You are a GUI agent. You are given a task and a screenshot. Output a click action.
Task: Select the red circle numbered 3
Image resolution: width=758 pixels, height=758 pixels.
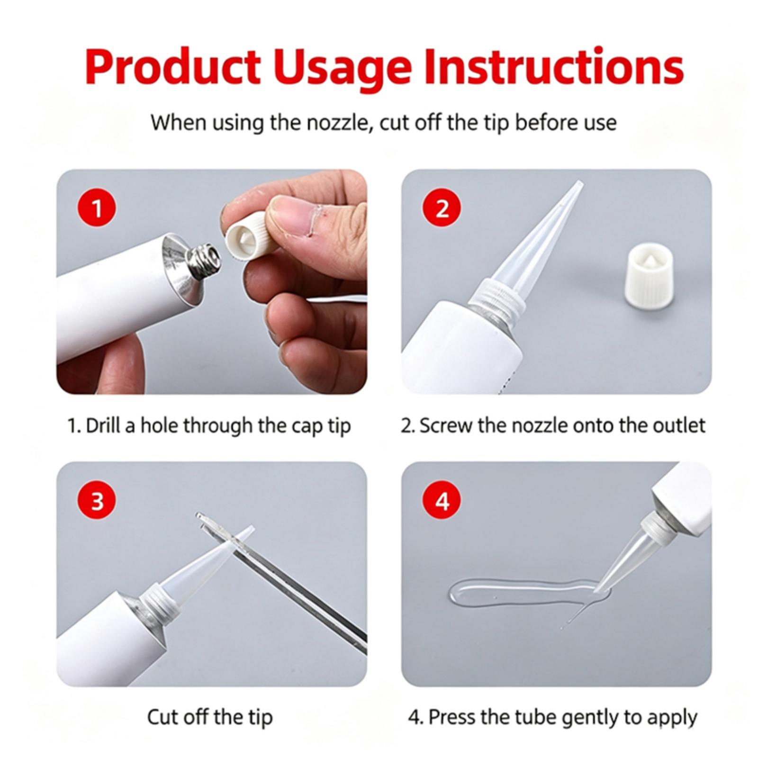[97, 500]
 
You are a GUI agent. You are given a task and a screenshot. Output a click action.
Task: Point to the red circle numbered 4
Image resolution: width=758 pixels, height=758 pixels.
[442, 500]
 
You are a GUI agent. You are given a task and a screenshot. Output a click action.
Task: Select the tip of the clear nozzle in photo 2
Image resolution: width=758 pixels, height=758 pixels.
[579, 182]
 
